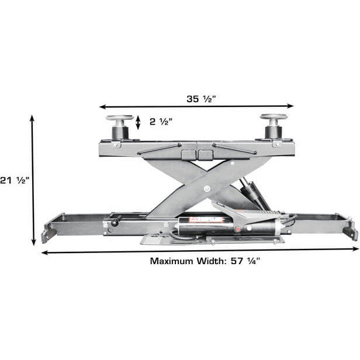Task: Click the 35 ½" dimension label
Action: tap(200, 99)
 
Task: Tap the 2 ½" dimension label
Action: tap(161, 122)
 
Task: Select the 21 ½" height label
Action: tap(14, 180)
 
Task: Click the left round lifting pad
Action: tap(119, 119)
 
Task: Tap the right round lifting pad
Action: tap(274, 117)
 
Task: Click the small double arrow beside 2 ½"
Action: tap(138, 122)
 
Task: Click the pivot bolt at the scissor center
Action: tap(206, 188)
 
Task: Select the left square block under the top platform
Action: tap(188, 155)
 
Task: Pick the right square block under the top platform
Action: tap(205, 155)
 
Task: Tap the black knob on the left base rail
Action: tap(116, 222)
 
